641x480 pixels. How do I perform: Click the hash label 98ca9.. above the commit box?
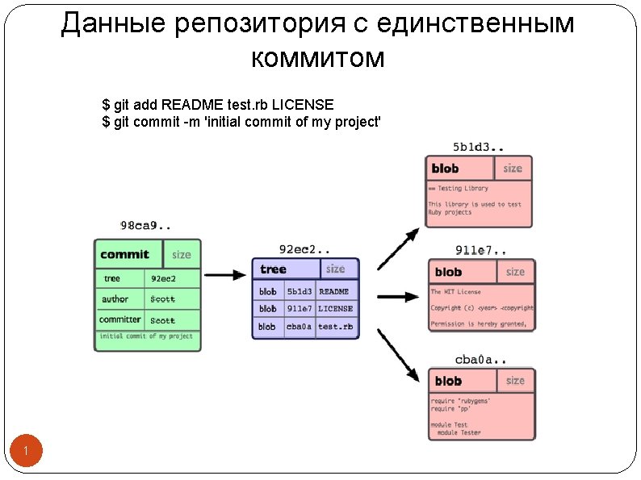pos(145,226)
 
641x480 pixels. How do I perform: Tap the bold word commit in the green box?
pos(124,254)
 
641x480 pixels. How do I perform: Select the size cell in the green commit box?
pos(182,255)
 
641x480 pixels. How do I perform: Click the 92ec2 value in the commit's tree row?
pos(163,278)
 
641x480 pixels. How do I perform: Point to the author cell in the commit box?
pos(115,299)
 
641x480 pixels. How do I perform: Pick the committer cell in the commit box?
pos(119,319)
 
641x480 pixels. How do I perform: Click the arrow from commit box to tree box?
pos(225,274)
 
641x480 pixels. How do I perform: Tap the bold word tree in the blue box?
pos(274,269)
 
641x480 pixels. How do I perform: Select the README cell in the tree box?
pos(333,291)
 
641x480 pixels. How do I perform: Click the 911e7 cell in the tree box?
pos(299,308)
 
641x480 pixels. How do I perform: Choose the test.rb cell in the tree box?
pos(335,327)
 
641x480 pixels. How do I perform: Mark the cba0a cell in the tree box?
pos(299,327)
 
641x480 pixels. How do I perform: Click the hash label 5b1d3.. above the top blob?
pos(479,147)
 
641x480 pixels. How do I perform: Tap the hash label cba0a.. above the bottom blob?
pos(480,360)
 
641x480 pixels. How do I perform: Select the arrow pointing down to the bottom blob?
pos(399,352)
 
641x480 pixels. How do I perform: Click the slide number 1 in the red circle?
pos(26,451)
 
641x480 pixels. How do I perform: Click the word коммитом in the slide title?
pos(318,58)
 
